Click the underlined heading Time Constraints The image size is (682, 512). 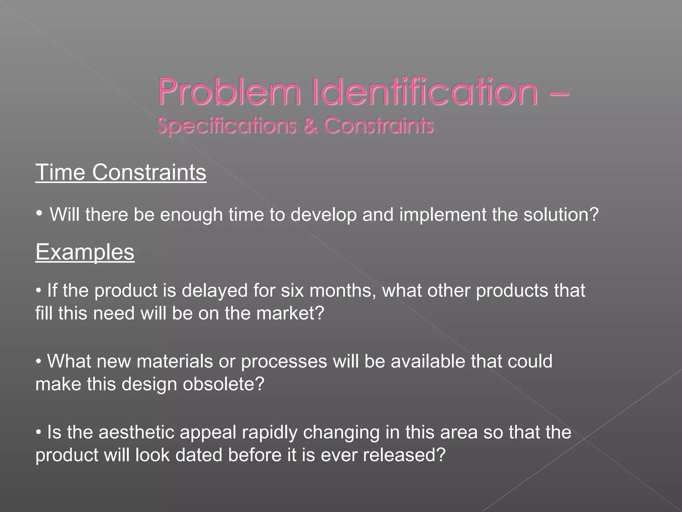click(121, 173)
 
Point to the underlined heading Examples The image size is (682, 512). click(85, 252)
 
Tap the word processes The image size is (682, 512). click(284, 362)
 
